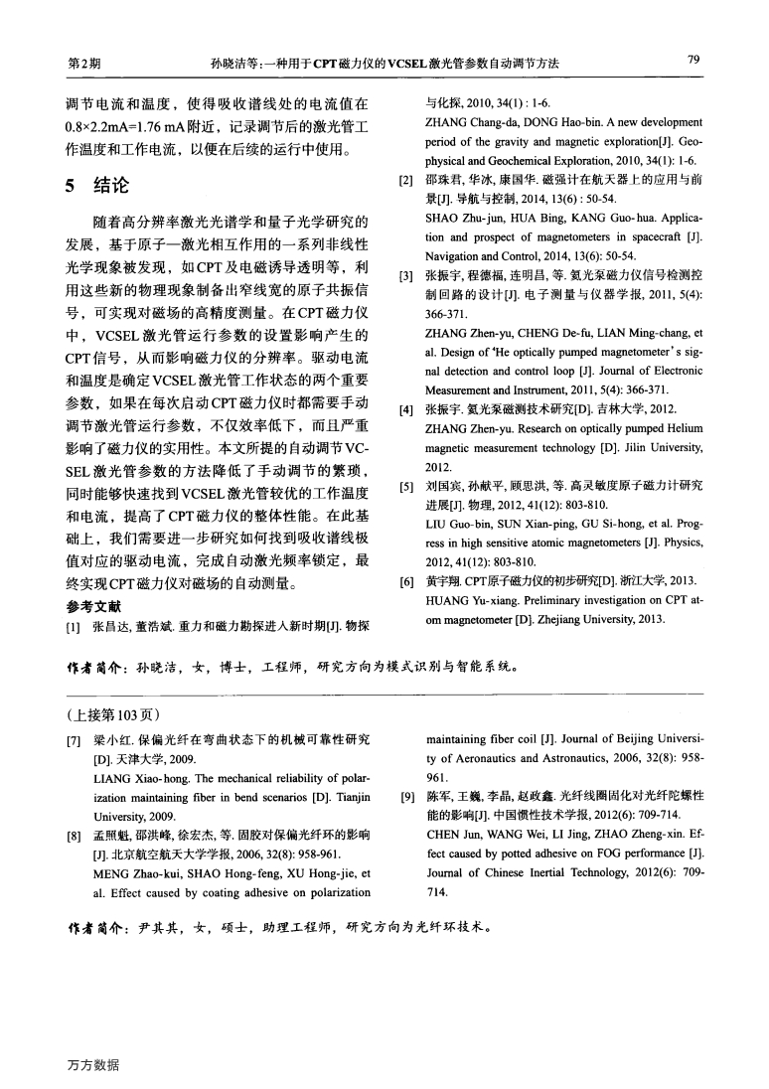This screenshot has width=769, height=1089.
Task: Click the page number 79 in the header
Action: coord(693,63)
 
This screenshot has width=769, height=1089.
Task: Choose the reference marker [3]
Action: coord(405,273)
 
